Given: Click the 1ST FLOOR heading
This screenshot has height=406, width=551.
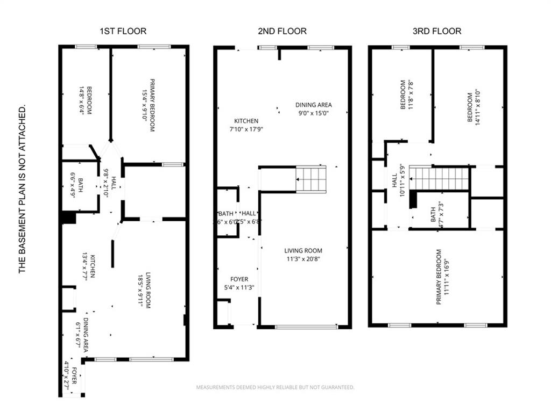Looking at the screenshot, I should coord(123,31).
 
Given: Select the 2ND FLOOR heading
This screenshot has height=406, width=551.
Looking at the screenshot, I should coord(282,31).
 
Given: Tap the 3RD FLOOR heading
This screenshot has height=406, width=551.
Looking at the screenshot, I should coord(436,31).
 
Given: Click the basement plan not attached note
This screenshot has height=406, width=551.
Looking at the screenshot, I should coord(23,190).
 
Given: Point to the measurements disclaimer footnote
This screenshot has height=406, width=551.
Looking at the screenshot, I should coord(275,387).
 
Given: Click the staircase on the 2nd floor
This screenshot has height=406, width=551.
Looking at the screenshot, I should coord(312,179).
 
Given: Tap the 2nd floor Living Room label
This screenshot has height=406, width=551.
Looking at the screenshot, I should coord(303,255).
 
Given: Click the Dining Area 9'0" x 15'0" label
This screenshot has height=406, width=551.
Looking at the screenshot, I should coord(314,109).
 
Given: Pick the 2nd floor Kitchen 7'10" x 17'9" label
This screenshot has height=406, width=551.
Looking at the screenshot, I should coord(245,125).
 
